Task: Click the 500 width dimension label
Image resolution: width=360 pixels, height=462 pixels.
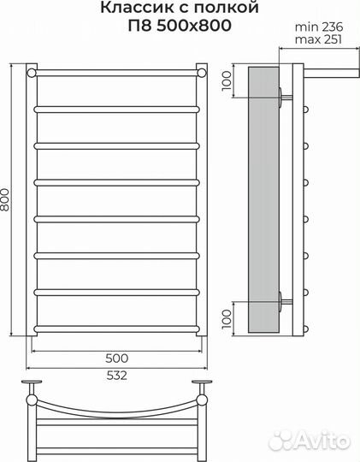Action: click(117, 357)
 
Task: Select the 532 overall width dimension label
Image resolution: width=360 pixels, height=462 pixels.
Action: click(117, 373)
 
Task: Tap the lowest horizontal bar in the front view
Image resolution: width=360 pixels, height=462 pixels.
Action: click(117, 327)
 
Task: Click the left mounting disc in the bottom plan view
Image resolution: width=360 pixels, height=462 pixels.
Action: click(32, 382)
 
